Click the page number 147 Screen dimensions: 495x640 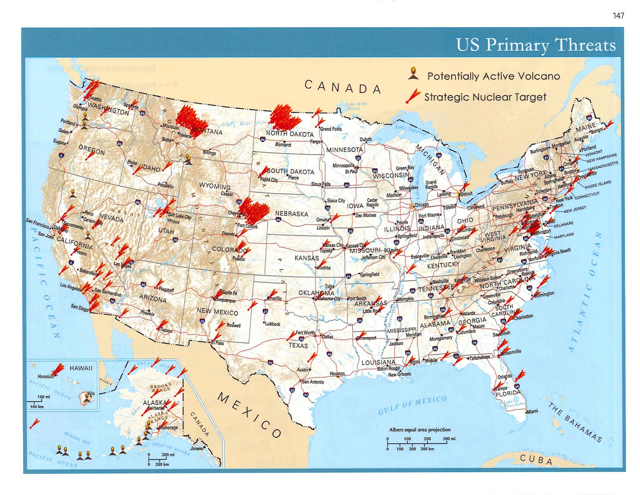618,16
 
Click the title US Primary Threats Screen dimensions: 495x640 536,45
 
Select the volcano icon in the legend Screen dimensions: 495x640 413,74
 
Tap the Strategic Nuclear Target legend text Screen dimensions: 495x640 485,97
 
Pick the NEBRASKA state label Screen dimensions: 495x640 292,214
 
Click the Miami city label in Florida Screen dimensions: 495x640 532,411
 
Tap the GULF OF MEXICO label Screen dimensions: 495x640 412,405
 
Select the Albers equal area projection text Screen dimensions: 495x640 420,429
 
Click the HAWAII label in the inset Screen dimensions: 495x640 81,368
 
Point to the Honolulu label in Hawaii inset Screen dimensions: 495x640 45,377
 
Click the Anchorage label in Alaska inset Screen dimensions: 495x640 168,427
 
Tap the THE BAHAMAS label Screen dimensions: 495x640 575,423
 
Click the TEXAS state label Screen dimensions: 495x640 298,345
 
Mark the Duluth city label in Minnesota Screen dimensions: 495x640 366,139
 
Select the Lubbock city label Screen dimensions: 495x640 272,324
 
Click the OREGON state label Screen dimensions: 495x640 92,150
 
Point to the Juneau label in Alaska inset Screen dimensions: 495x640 196,448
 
